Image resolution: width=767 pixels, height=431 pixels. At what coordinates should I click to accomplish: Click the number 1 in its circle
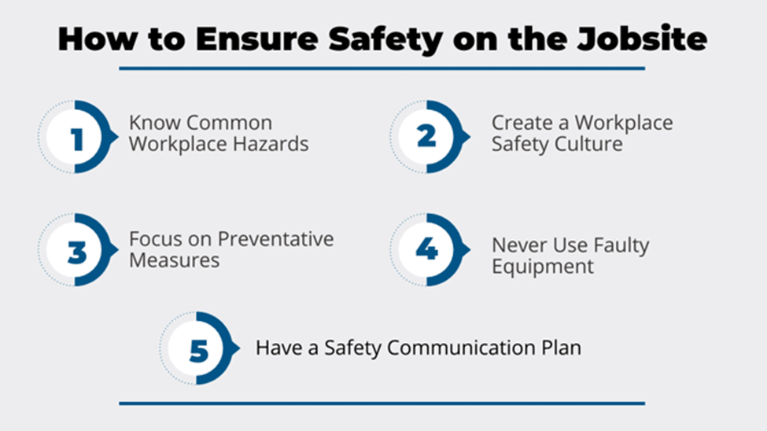[x=77, y=139]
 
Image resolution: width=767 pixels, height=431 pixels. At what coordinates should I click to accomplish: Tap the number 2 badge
[x=426, y=137]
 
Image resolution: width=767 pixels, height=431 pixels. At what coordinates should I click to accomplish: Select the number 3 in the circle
[x=77, y=252]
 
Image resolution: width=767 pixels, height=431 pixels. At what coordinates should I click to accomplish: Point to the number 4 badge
[x=426, y=249]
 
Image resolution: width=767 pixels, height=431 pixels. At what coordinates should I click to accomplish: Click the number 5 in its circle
[x=199, y=351]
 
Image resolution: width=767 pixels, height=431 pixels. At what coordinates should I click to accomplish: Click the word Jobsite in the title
[x=642, y=39]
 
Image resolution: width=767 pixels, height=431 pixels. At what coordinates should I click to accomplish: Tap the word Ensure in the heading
[x=257, y=39]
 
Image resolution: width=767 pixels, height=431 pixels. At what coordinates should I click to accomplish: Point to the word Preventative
[x=276, y=239]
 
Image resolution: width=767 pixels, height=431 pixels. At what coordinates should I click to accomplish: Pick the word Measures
[x=175, y=260]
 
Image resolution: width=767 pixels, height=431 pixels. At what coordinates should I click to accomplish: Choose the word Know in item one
[x=154, y=123]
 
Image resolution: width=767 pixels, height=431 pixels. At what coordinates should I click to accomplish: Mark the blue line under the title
[x=382, y=68]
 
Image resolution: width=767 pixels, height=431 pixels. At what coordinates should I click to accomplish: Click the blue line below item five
[x=382, y=403]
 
